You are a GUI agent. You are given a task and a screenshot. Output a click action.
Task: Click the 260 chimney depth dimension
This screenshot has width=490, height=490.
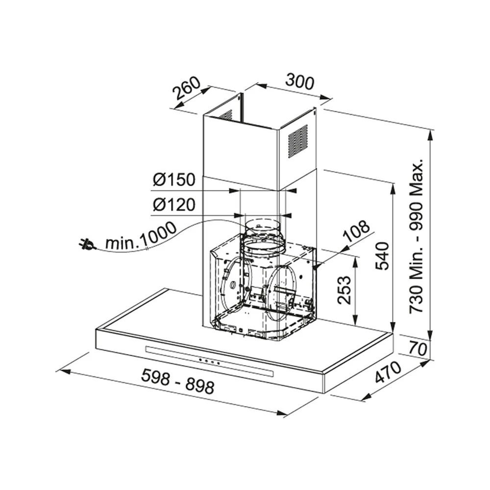[186, 88]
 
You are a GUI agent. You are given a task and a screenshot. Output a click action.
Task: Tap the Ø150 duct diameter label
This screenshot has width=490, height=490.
[173, 180]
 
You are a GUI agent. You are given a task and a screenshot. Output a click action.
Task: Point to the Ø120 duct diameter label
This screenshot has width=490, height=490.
[173, 204]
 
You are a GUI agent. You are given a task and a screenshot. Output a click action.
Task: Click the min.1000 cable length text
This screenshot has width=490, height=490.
[141, 236]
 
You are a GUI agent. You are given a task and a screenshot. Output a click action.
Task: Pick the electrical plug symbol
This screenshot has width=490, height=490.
[87, 244]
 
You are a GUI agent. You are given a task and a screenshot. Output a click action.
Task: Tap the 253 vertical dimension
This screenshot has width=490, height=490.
[344, 290]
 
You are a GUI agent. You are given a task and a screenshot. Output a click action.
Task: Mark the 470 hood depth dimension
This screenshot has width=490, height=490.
[388, 372]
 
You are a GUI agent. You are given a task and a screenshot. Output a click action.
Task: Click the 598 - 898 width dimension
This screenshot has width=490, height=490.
[177, 381]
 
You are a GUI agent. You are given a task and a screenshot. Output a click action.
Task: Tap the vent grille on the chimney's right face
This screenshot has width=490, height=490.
[297, 141]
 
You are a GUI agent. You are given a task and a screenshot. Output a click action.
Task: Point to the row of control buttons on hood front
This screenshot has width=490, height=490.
[209, 362]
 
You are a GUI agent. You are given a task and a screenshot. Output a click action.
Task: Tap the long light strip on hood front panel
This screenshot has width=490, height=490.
[211, 362]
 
